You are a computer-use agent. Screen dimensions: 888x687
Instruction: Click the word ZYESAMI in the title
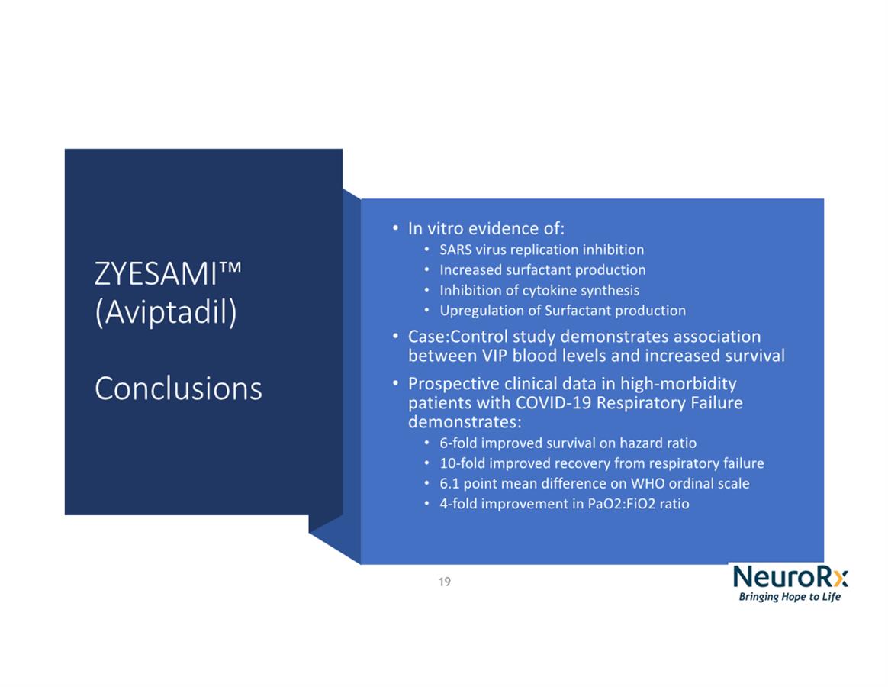tap(156, 274)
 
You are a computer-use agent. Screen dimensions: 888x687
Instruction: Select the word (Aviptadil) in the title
tap(166, 312)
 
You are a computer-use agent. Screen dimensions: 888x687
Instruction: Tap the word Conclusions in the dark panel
tap(179, 389)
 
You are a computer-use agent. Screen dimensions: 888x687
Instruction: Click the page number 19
tap(445, 582)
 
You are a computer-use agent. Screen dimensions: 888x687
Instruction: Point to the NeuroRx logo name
tap(790, 576)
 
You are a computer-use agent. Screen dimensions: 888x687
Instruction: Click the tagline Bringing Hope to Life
tap(790, 597)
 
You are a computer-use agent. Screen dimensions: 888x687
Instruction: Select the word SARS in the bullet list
tap(455, 250)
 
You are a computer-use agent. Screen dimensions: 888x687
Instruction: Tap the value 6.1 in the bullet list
tap(449, 484)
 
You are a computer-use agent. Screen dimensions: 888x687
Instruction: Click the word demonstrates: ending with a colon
tap(465, 422)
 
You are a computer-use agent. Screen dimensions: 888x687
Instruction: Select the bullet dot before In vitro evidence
tap(395, 228)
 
